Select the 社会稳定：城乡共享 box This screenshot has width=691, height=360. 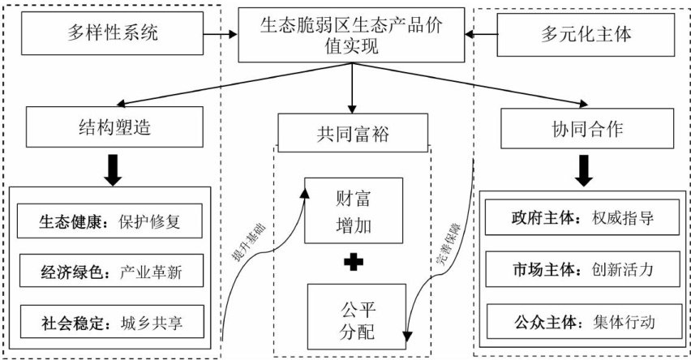(x=109, y=322)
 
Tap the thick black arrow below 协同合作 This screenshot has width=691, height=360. (x=582, y=168)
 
